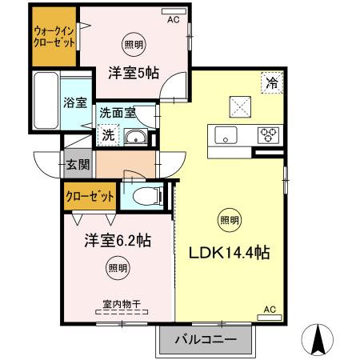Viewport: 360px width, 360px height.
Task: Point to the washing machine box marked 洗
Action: [x=108, y=135]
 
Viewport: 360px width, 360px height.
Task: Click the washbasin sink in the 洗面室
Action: [x=134, y=137]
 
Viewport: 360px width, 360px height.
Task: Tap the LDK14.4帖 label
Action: [x=228, y=253]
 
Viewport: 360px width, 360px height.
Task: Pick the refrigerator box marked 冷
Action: [x=272, y=82]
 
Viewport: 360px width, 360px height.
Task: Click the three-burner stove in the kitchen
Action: [x=267, y=134]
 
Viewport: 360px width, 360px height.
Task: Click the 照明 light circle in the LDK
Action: [x=228, y=219]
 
